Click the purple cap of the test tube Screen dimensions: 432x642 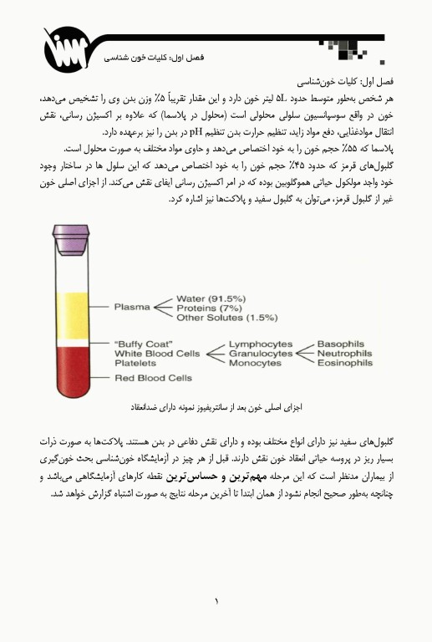coord(70,237)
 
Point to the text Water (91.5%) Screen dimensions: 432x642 coord(211,298)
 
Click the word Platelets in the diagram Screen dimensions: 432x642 coord(135,364)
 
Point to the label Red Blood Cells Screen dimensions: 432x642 coord(153,378)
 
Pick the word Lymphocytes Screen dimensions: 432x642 coord(259,344)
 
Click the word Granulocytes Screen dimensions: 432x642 coord(261,354)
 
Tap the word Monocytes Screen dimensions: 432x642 coord(255,364)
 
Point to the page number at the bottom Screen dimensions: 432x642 coord(216,600)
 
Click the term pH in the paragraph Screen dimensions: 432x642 coord(198,130)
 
